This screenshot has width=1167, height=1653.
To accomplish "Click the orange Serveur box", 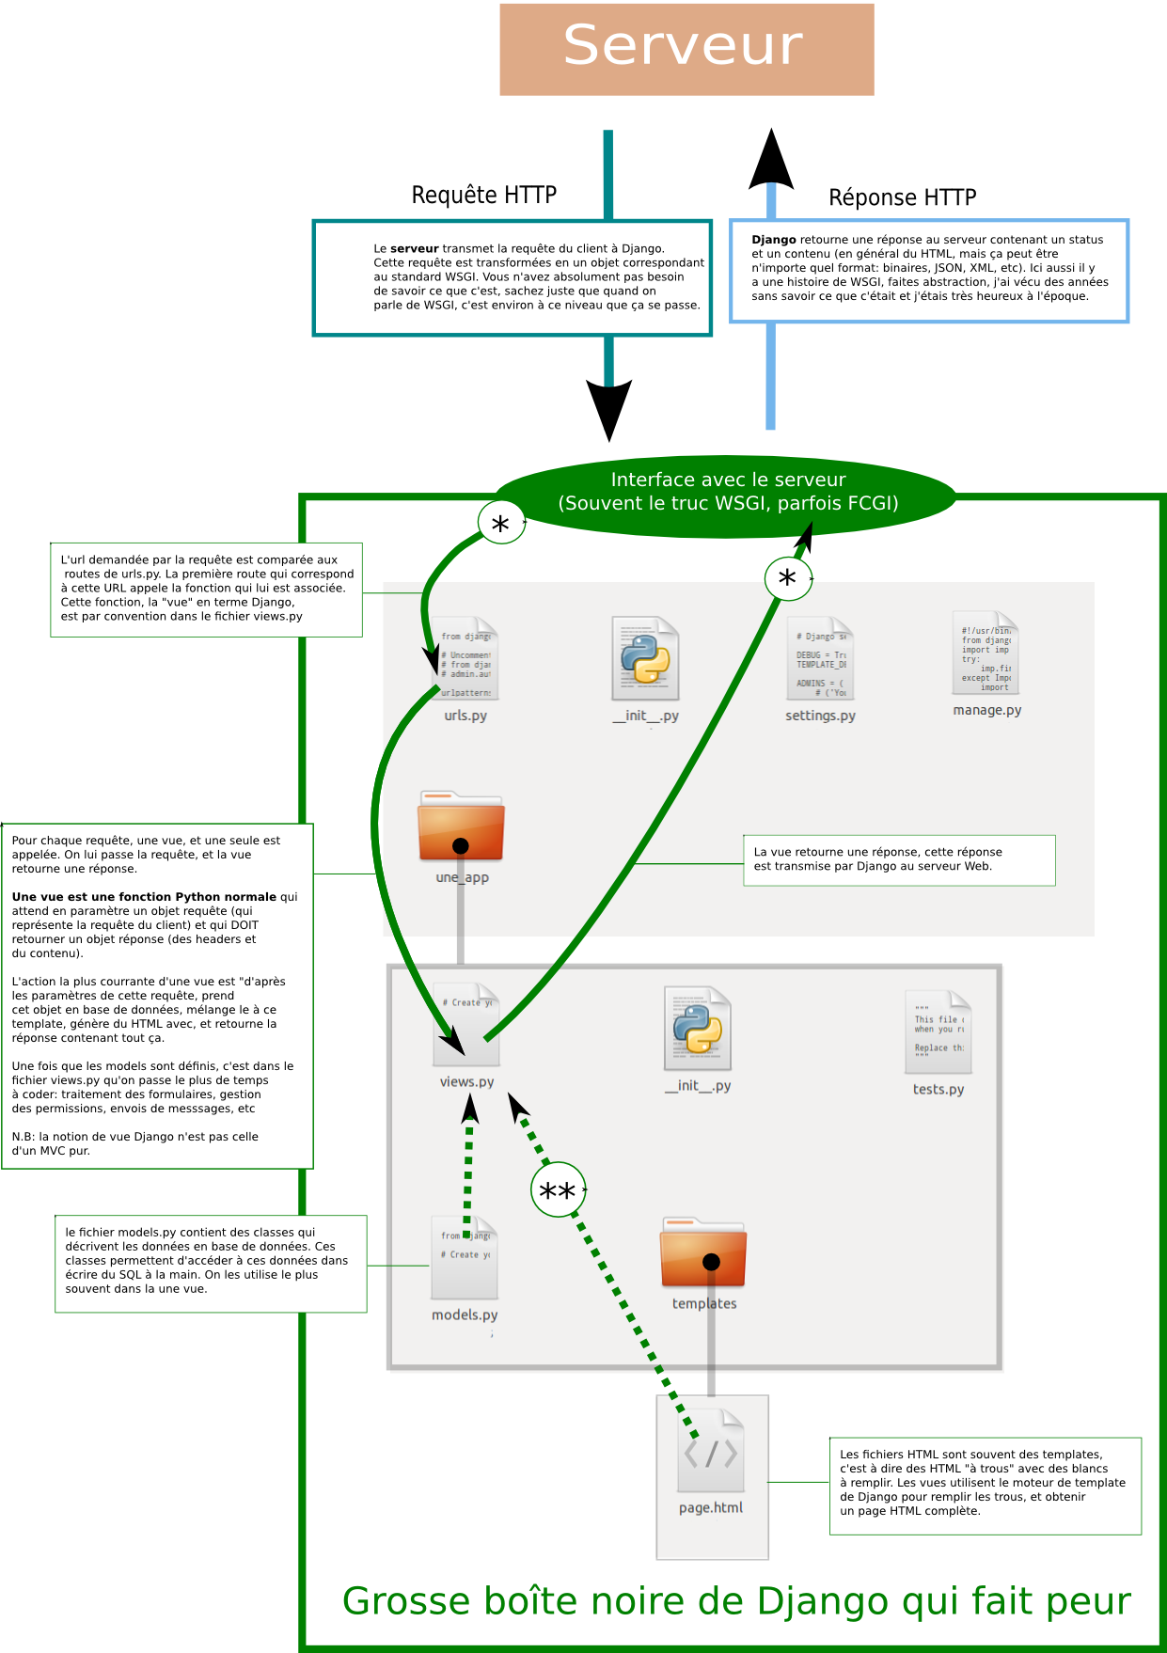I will click(x=686, y=49).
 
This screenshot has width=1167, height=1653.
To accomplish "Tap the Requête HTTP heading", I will click(x=483, y=195).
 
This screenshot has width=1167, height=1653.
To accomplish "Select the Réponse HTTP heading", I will click(x=902, y=197).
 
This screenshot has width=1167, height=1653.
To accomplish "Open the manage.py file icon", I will click(x=986, y=653).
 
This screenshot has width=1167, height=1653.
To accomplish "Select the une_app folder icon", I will click(x=461, y=827).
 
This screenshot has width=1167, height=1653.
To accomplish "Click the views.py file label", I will click(x=466, y=1081).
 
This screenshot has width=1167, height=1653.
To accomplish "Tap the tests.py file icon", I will click(x=938, y=1031).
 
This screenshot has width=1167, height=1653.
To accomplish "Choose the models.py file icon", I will click(x=465, y=1257).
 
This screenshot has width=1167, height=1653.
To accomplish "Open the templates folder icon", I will click(x=703, y=1253).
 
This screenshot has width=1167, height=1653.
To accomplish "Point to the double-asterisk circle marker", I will click(x=558, y=1190).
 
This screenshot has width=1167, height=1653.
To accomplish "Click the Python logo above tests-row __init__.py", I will click(x=698, y=1028).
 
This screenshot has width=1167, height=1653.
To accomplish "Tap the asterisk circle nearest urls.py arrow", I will click(x=500, y=524).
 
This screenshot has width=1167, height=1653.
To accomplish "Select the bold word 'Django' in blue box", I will click(x=773, y=240).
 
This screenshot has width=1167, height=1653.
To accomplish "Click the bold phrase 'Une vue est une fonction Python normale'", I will click(x=144, y=897).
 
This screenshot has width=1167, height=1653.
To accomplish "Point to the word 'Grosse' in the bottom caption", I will click(x=405, y=1601).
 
